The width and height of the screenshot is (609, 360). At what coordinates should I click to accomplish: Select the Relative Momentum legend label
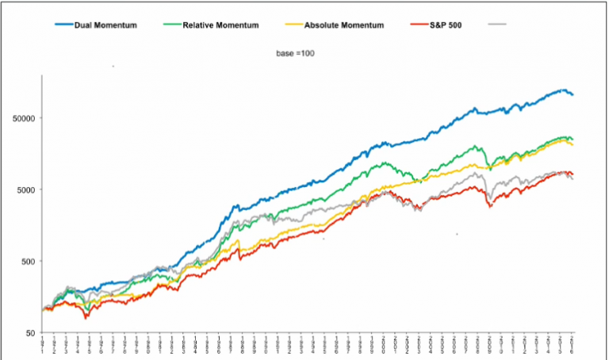point(220,25)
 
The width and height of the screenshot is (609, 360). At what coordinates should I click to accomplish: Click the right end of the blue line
point(573,95)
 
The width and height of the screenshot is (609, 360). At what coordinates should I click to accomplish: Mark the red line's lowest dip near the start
point(86,317)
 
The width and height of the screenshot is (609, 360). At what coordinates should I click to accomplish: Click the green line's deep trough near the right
point(490,168)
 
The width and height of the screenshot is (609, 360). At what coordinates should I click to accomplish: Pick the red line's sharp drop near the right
point(490,207)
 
